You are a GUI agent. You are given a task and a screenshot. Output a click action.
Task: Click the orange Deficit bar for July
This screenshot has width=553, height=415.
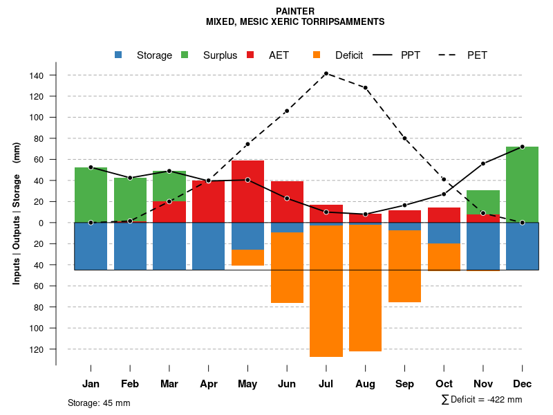pos(326,290)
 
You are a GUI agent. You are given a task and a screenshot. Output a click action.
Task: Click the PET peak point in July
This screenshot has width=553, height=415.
pos(326,73)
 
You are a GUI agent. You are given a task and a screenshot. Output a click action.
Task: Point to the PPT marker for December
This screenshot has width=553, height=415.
pos(522,147)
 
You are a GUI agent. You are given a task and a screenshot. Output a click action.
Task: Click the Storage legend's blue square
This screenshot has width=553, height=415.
pos(119,55)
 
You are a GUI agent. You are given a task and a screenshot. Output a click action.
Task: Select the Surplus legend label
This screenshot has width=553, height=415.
pos(220,55)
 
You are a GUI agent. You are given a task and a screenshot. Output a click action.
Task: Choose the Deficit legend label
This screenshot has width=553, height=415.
pos(349,55)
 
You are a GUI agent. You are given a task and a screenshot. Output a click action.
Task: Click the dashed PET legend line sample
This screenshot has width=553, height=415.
pos(451,55)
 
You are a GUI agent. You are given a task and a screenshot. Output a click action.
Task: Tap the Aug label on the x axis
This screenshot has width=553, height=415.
pos(365,384)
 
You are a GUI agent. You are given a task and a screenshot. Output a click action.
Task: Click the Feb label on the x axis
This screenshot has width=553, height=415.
pos(130,384)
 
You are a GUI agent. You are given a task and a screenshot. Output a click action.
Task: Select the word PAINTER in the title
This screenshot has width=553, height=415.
pos(295,11)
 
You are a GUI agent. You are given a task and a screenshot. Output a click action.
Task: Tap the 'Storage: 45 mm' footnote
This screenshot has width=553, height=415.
pos(99,403)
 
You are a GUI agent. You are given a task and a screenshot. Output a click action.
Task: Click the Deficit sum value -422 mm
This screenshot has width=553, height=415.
pos(502,400)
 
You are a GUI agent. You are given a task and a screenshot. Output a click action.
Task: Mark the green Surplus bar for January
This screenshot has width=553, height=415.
pos(91,195)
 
